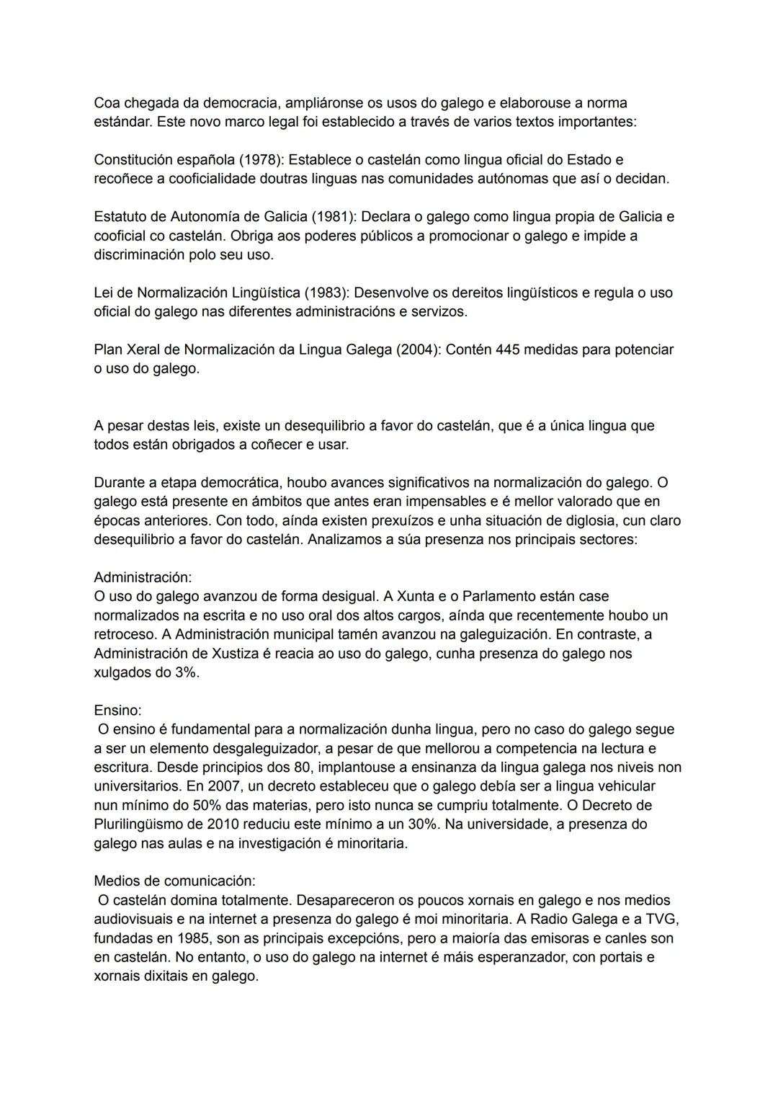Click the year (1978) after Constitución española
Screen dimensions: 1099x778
[x=259, y=159]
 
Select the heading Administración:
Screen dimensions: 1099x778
[x=143, y=577]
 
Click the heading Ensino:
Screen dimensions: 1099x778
[x=117, y=710]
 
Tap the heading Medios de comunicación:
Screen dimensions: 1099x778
[x=174, y=881]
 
